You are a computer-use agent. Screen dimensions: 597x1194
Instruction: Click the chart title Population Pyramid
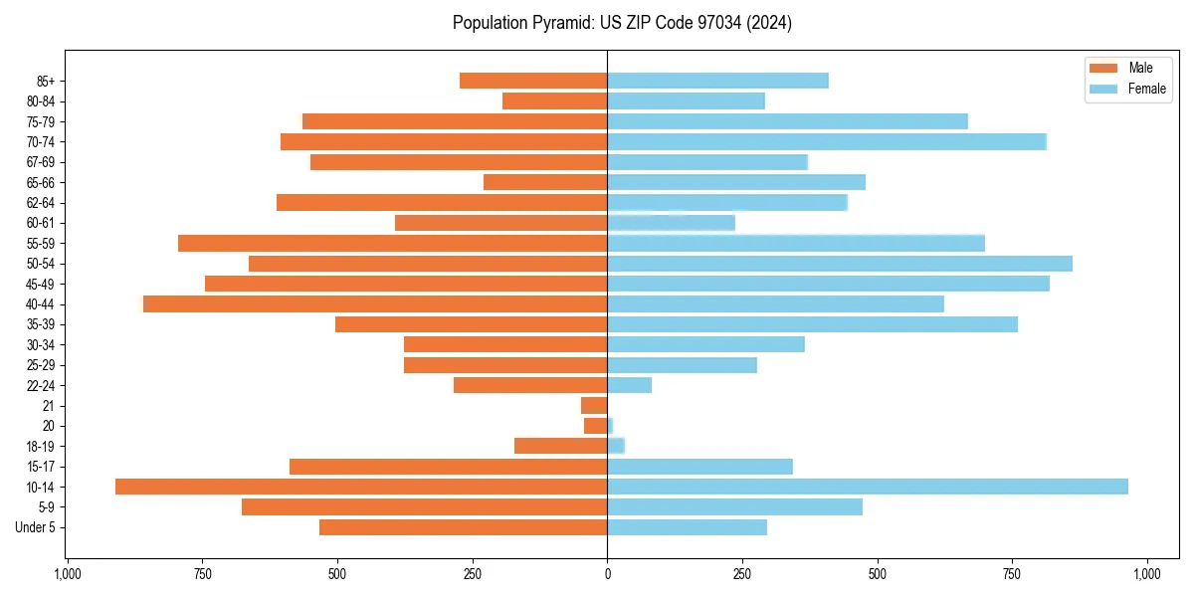coord(622,23)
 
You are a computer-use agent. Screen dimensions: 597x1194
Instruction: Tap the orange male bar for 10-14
coord(361,487)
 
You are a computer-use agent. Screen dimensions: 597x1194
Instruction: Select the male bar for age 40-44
coord(375,303)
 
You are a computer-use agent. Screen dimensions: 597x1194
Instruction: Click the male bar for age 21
coord(594,405)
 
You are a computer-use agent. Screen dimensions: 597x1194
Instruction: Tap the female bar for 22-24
coord(630,385)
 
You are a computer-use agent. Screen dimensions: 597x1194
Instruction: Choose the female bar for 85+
coord(717,81)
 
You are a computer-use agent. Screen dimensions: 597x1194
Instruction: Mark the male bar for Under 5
coord(464,527)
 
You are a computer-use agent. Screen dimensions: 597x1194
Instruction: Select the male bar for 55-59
coord(393,243)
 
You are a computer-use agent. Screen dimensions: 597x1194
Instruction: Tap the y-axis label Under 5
coord(36,527)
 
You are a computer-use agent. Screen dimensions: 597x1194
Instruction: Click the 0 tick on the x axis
coord(607,574)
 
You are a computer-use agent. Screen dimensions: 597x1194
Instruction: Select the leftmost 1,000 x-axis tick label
coord(67,574)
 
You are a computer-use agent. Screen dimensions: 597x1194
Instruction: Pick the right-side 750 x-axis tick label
coord(1012,574)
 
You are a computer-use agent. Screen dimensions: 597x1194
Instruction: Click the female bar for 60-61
coord(671,223)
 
